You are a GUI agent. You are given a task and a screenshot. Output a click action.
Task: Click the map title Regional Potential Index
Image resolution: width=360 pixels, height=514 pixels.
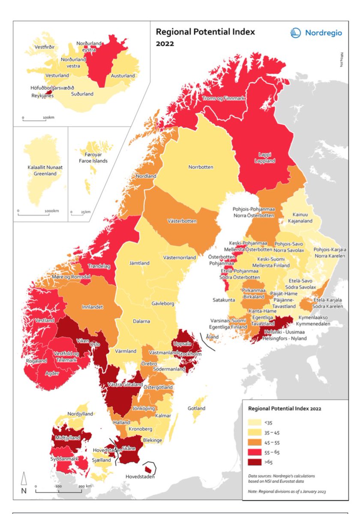click(205, 32)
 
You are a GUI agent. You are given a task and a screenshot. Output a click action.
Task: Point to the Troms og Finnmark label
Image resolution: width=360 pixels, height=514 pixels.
click(223, 99)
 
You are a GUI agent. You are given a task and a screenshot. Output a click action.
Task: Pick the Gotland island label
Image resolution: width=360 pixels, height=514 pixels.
click(197, 408)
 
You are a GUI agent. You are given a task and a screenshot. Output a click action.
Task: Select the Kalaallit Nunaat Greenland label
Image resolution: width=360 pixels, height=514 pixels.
click(42, 171)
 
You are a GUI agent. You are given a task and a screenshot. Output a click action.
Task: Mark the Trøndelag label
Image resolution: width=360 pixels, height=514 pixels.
click(99, 266)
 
